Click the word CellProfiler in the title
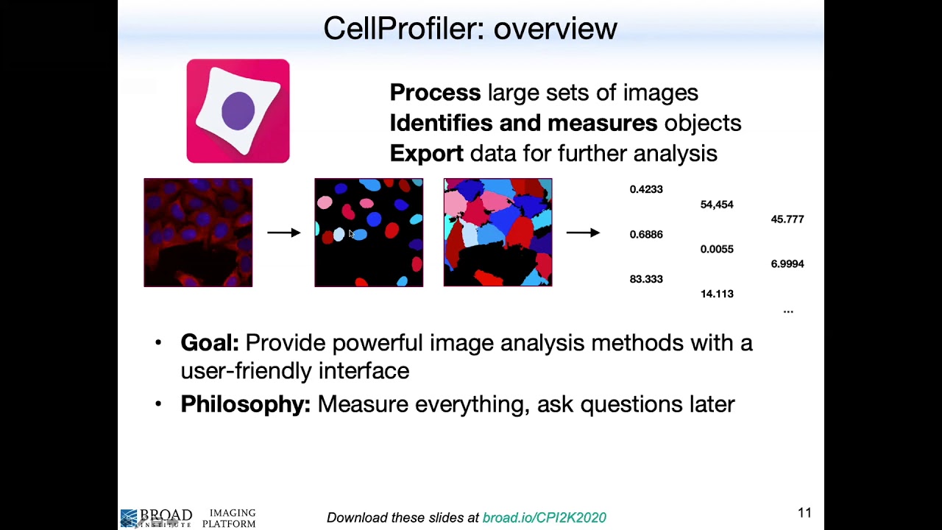(x=404, y=29)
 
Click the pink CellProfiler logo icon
(x=238, y=111)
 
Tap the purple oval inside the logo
(x=238, y=111)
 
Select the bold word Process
(x=435, y=93)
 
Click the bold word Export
(x=426, y=153)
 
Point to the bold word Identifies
(x=442, y=123)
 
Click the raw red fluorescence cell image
(x=198, y=233)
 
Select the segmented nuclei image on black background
(x=369, y=233)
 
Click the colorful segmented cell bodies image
(x=497, y=233)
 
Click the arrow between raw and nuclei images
(x=283, y=233)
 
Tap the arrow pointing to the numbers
(x=583, y=233)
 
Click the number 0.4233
(x=646, y=189)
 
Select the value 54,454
(x=717, y=205)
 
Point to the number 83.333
(x=646, y=279)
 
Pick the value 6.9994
(x=787, y=264)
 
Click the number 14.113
(x=717, y=294)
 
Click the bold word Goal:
(x=210, y=343)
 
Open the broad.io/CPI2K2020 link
(x=544, y=517)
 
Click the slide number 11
(x=804, y=513)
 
